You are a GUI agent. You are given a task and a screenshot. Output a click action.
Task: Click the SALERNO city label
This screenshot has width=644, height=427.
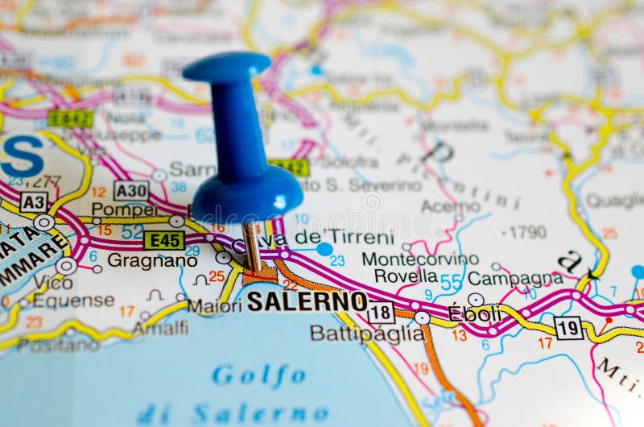point(307,301)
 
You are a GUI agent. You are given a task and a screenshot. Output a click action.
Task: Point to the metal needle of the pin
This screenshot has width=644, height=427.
point(253,247)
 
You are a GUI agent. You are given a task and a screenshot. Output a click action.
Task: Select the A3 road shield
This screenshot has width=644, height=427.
point(34,201)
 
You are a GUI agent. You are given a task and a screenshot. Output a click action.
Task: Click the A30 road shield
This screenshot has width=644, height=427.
point(130,191)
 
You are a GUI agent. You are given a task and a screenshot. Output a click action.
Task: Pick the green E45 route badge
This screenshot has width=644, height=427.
point(163,240)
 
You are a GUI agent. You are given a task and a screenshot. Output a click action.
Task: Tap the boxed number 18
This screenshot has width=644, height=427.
point(381,312)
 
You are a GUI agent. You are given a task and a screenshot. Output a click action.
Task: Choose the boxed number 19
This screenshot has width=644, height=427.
point(568,328)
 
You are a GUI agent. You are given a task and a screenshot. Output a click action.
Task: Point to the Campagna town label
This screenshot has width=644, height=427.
point(515,278)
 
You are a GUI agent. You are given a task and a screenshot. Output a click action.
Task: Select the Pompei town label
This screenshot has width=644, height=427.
point(125,209)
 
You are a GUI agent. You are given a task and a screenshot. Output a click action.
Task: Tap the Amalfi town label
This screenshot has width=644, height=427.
point(160,327)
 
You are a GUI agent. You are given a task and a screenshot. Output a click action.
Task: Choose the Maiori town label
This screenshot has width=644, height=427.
point(214,306)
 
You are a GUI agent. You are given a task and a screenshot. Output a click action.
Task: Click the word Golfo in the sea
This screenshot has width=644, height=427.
point(258,375)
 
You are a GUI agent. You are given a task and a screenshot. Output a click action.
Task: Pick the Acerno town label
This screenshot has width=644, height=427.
point(451,206)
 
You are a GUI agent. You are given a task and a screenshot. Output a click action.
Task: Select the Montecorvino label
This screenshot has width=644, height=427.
point(419,259)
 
